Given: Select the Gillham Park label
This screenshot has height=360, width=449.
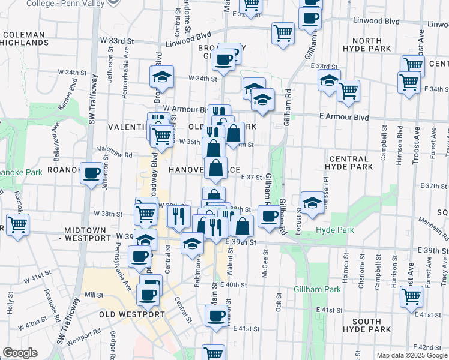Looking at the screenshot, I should (x=318, y=289).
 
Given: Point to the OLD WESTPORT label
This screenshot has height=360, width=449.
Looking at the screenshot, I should (x=131, y=314).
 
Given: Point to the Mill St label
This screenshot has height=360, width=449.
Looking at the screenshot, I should (x=94, y=295).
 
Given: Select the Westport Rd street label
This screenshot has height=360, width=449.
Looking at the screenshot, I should (x=80, y=340).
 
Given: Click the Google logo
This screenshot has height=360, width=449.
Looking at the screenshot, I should (x=20, y=353).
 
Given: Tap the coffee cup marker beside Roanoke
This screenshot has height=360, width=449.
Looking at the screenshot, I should (x=92, y=173).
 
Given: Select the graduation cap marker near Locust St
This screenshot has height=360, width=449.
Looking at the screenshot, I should (x=312, y=203).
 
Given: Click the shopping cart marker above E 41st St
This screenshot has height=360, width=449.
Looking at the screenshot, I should (x=412, y=296).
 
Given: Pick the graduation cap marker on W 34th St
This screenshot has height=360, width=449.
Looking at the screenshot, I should (x=161, y=77).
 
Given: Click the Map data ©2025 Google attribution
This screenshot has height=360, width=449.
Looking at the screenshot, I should (x=411, y=355).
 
